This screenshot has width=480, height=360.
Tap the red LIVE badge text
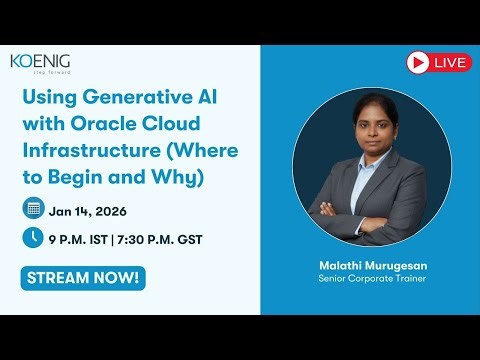[452, 63]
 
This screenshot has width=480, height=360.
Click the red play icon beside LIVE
[419, 63]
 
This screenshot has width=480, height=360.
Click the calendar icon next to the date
[32, 209]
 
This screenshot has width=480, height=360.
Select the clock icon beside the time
[32, 238]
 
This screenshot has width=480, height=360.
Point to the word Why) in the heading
[179, 178]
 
